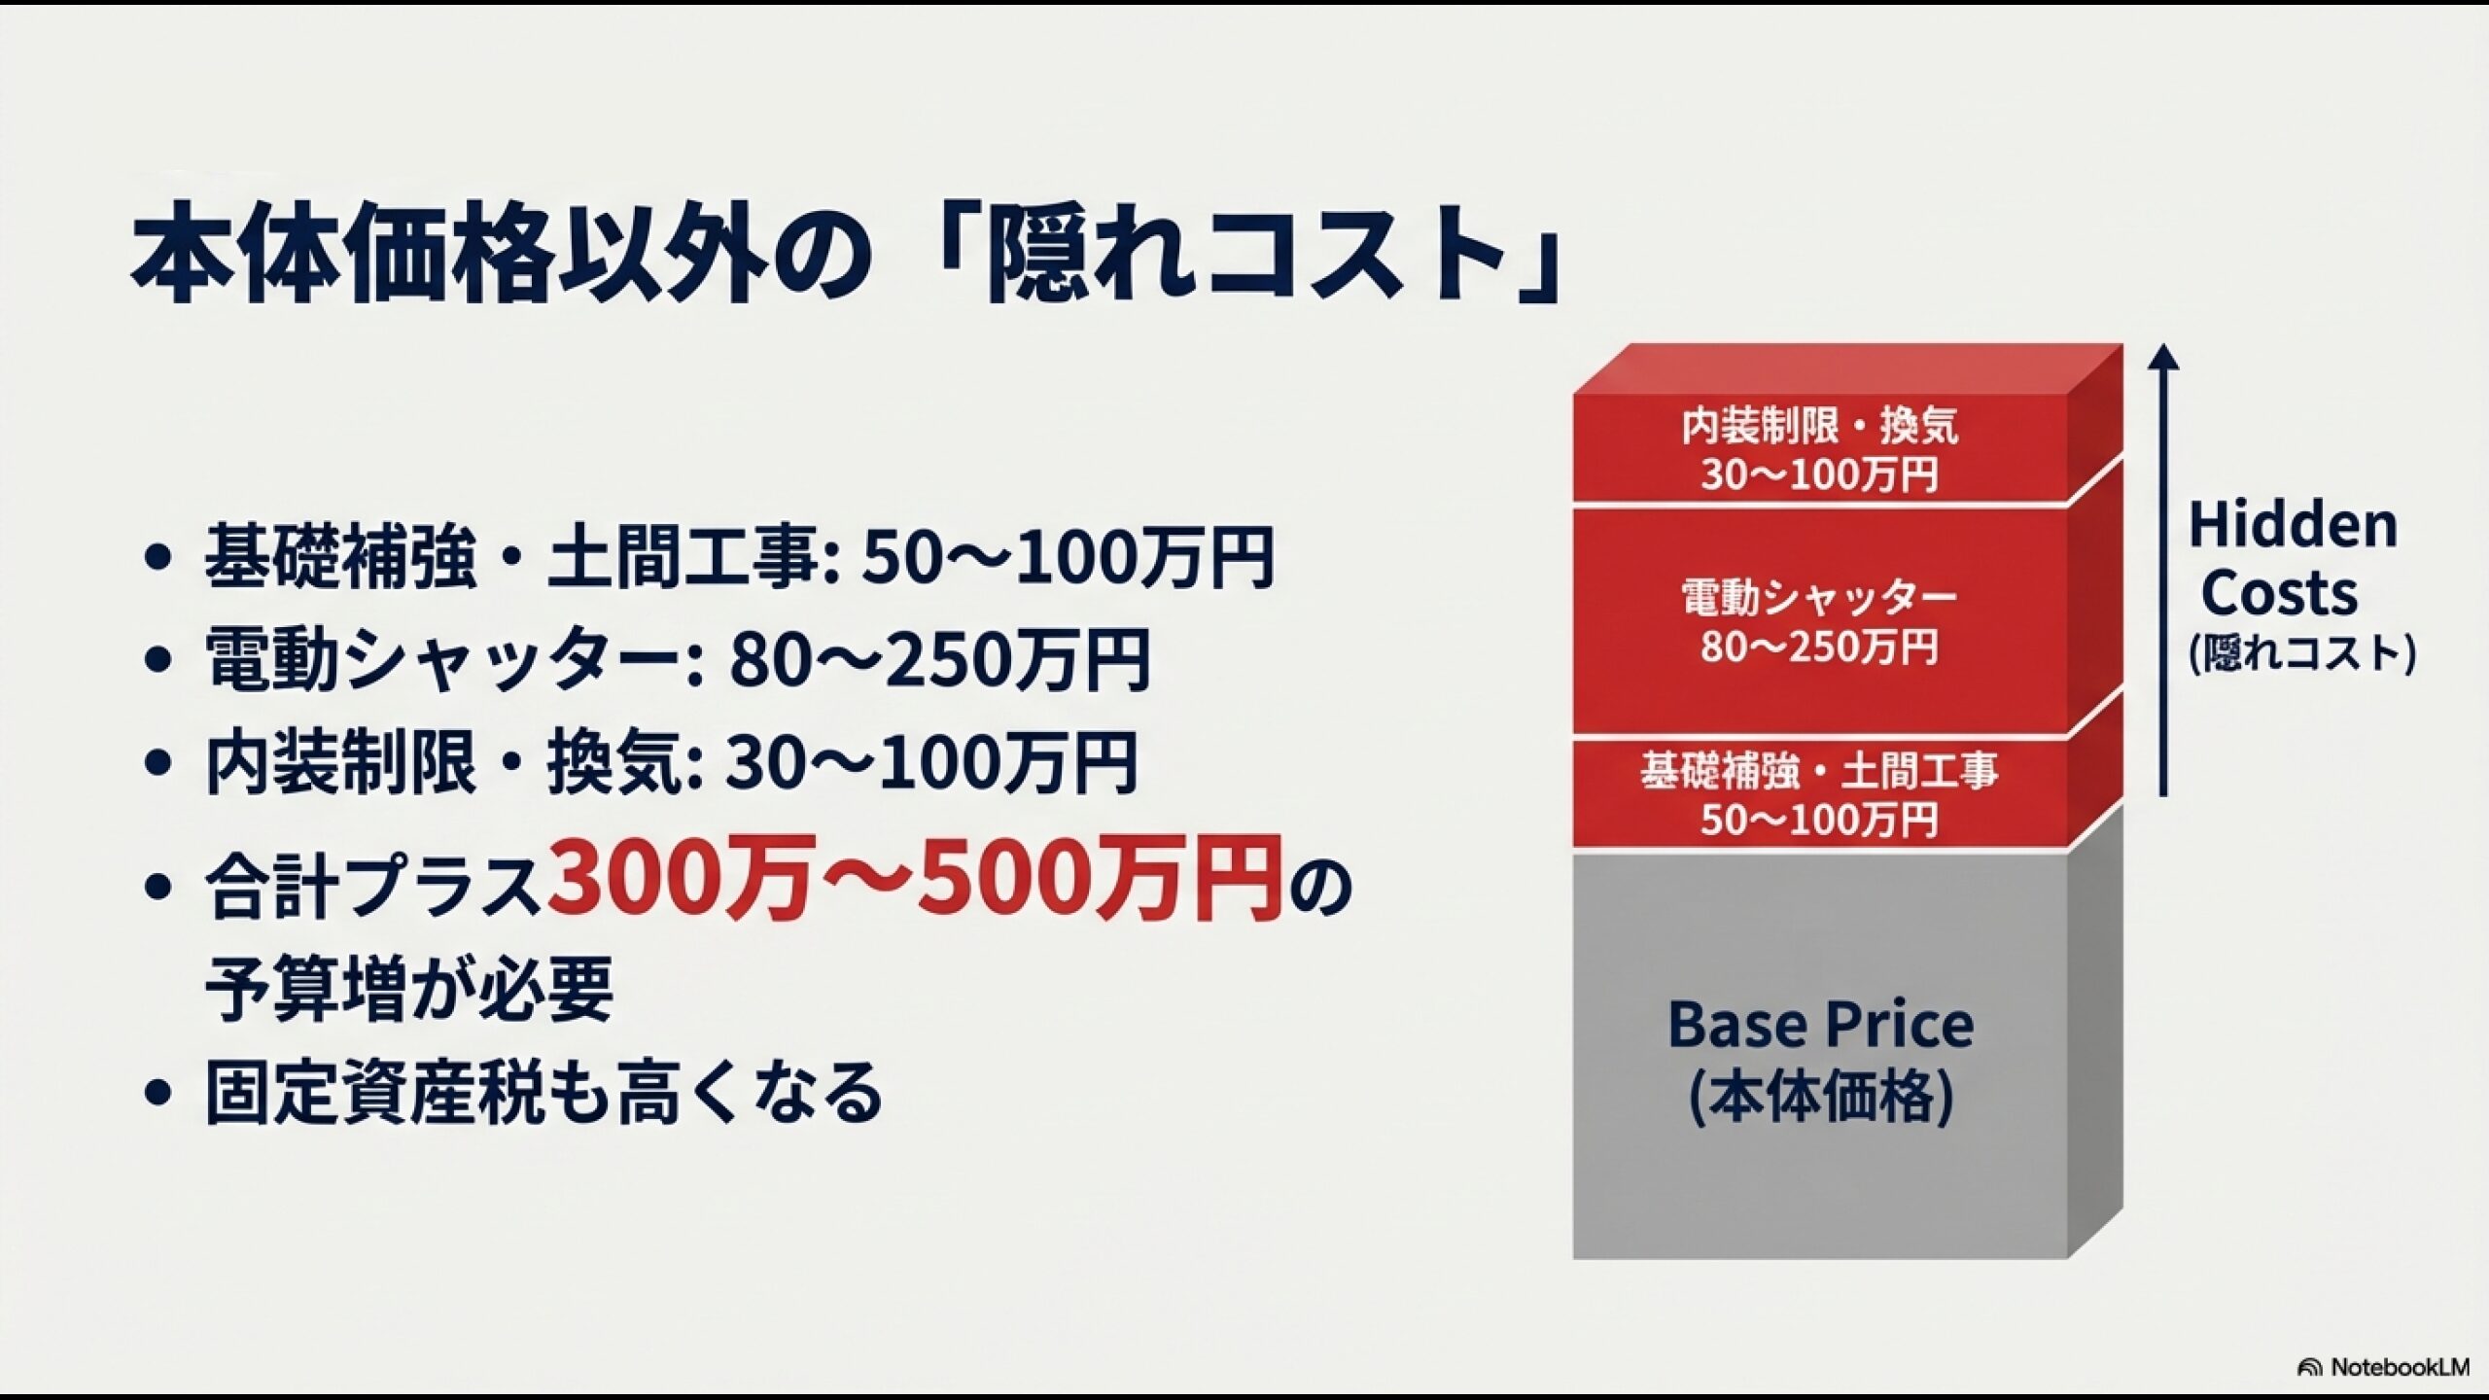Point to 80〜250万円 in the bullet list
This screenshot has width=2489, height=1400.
(x=939, y=660)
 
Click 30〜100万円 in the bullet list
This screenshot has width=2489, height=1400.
(x=931, y=763)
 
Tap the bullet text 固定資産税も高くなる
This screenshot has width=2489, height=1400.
(x=544, y=1094)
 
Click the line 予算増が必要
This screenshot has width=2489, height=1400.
(x=409, y=989)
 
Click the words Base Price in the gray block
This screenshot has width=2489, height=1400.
(x=1820, y=1025)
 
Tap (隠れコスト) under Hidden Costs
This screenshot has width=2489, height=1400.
(x=2302, y=653)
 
